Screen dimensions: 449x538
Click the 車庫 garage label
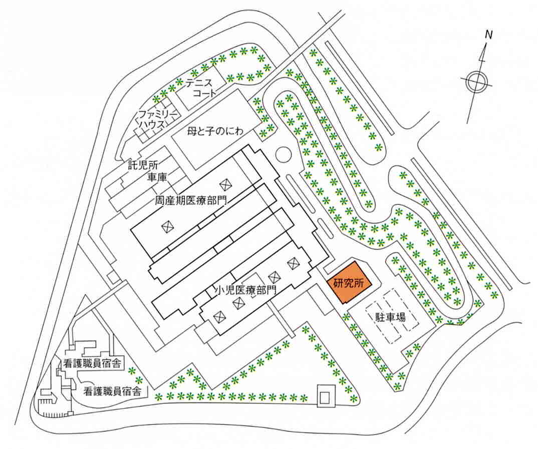point(157,176)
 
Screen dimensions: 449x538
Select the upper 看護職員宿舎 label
point(94,363)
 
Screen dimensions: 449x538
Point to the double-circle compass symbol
point(475,82)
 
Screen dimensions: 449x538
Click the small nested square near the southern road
point(325,396)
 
